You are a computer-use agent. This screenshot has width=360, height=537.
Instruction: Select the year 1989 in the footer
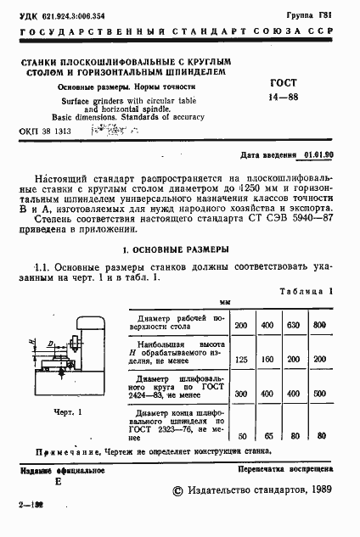(315, 489)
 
